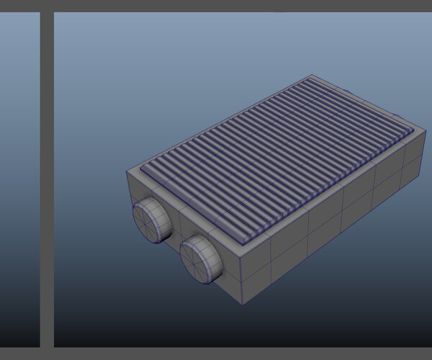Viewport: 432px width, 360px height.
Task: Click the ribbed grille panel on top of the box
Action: (281, 158)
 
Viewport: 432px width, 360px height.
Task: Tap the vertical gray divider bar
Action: (47, 180)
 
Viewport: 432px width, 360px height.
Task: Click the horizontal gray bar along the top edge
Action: (216, 6)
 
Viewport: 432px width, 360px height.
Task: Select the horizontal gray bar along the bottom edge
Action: (216, 354)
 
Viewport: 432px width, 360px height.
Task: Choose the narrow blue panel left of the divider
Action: (19, 180)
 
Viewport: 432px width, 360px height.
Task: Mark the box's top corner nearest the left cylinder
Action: (127, 171)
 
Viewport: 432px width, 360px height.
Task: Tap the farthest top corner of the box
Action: (311, 75)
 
